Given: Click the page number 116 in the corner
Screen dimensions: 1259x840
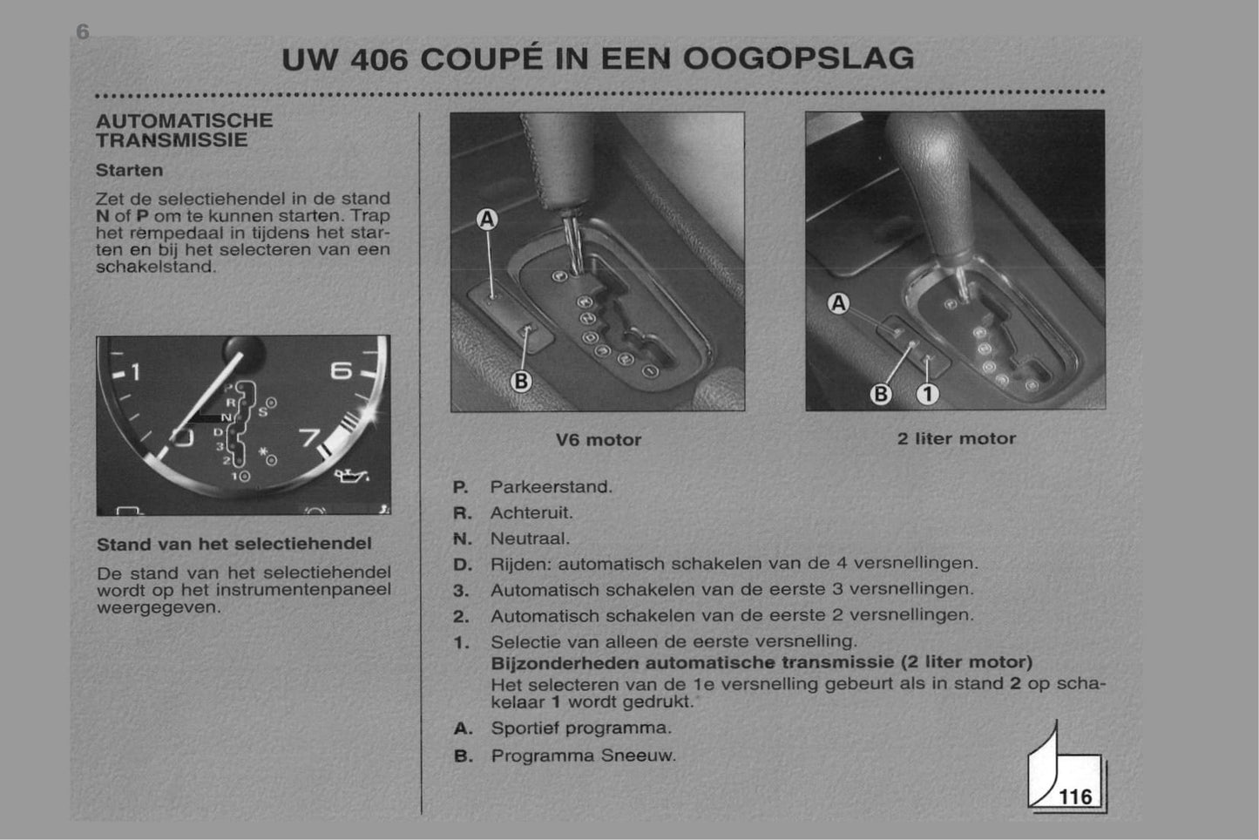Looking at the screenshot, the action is (1075, 796).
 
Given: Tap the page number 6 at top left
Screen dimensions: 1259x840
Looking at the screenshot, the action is (83, 32).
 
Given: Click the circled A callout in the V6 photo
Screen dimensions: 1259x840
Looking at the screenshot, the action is (487, 220).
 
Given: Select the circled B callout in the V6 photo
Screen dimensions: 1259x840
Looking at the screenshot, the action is (521, 381).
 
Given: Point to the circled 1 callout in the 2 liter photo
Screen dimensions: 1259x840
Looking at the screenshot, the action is (928, 394).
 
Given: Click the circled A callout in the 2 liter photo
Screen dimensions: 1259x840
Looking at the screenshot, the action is (838, 303).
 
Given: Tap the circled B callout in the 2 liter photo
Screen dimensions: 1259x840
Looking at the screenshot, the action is (881, 394).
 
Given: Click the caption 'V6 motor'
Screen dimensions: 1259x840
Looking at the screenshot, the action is (599, 440).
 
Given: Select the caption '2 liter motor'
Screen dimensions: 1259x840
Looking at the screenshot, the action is (957, 438).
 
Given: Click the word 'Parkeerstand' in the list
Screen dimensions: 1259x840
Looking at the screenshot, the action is (551, 487).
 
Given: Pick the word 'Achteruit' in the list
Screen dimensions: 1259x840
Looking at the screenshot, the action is (531, 512).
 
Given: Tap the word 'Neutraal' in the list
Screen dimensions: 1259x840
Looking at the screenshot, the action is (530, 539).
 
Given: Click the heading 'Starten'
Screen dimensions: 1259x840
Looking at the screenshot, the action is (129, 170).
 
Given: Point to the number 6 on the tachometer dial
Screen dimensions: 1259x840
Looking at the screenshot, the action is (342, 370).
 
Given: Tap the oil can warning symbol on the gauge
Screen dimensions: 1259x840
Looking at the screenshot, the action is (351, 477).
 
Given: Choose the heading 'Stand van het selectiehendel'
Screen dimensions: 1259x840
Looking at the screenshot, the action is (234, 544).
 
